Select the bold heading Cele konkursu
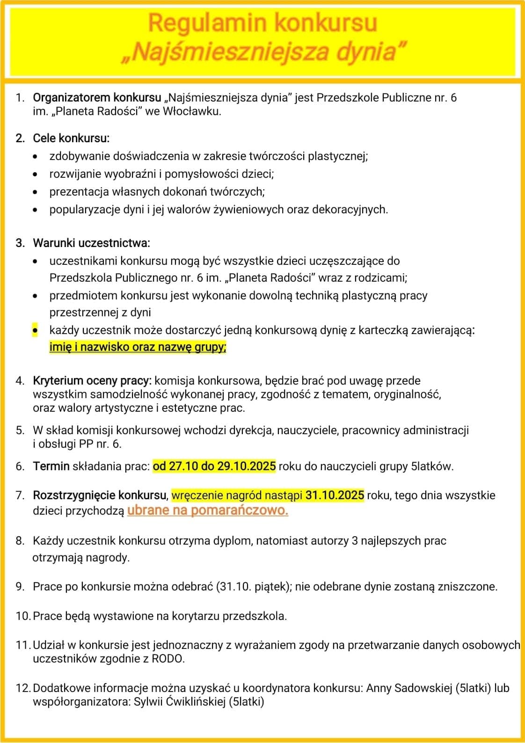pos(71,138)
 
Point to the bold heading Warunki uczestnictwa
pos(91,243)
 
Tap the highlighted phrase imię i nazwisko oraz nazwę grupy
pos(138,347)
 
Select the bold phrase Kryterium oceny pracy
pos(92,381)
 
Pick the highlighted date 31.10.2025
pos(335,495)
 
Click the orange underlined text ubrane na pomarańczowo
pos(207,510)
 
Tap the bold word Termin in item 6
pos(51,466)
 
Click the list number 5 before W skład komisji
pos(20,430)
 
